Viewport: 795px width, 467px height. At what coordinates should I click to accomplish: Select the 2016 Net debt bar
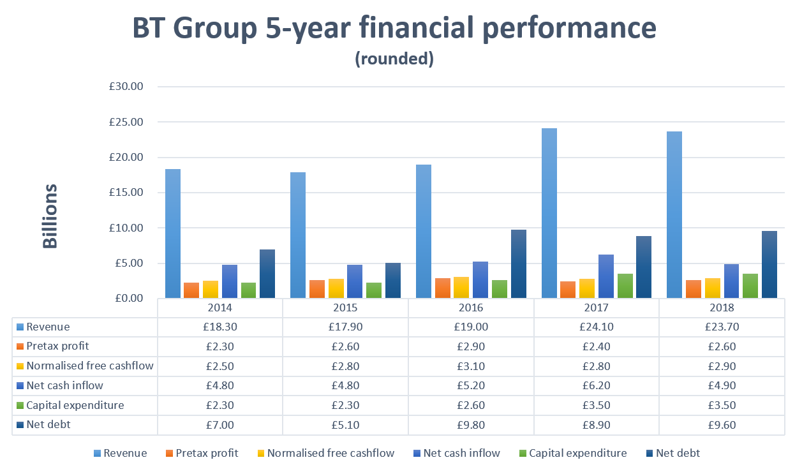(519, 263)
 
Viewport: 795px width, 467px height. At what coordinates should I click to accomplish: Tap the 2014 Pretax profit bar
(191, 290)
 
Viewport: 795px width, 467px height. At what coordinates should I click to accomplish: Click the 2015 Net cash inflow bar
(355, 281)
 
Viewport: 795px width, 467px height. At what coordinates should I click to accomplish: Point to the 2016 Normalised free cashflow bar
(461, 287)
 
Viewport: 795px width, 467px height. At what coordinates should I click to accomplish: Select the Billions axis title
(50, 216)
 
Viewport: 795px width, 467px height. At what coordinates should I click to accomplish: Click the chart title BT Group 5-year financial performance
(394, 29)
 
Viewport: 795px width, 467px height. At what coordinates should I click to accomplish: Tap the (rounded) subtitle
(394, 59)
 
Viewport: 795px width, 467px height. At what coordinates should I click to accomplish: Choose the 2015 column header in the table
(345, 308)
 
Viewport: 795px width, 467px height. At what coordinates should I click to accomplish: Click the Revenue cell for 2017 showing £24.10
(596, 327)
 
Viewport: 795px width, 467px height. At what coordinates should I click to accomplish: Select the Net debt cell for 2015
(345, 425)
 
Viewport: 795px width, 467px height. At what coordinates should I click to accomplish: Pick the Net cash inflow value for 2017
(596, 385)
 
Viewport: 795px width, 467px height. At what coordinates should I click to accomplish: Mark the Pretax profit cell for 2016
(471, 346)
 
